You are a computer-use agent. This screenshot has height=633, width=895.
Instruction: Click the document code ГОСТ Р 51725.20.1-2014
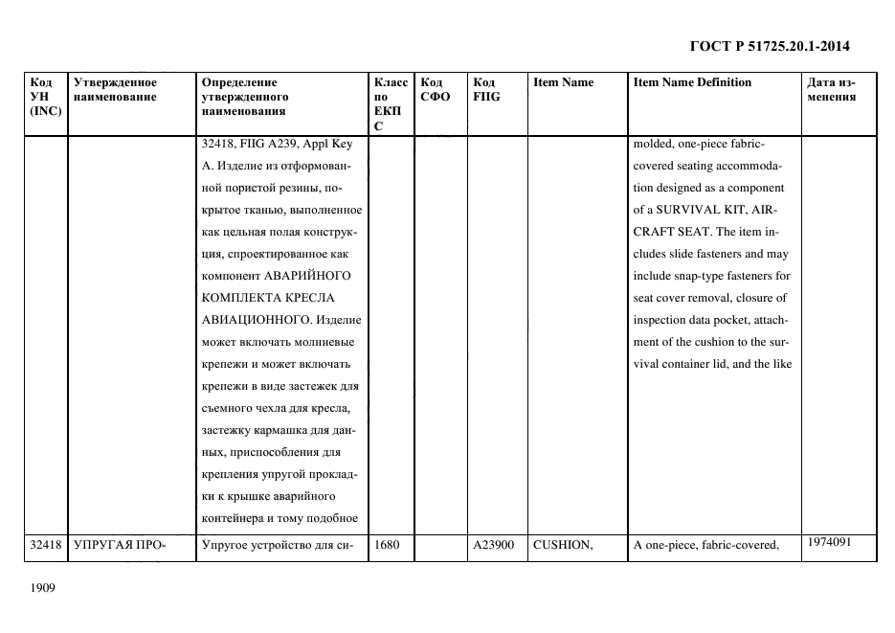click(x=770, y=46)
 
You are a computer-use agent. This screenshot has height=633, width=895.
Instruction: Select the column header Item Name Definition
click(x=692, y=82)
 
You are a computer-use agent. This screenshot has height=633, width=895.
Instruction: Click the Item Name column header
click(x=563, y=82)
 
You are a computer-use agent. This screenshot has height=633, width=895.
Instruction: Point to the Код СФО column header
click(x=435, y=89)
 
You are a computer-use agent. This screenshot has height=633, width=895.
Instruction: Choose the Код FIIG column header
click(x=486, y=89)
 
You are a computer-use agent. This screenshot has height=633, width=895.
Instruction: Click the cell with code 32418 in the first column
click(x=46, y=546)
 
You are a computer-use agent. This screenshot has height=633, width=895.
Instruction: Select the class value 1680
click(x=387, y=546)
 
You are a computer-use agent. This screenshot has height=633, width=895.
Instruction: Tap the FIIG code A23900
click(x=493, y=546)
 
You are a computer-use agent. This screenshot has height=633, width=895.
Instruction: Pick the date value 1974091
click(x=829, y=542)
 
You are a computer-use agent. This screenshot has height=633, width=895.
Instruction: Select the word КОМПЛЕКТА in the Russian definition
click(x=240, y=298)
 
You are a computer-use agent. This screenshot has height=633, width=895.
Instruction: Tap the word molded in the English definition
click(x=653, y=145)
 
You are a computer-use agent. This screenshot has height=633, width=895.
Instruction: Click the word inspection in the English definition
click(x=661, y=320)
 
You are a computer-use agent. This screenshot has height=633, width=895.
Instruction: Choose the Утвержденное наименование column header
click(x=115, y=89)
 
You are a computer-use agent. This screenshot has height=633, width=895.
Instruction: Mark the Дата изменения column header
click(x=830, y=89)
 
